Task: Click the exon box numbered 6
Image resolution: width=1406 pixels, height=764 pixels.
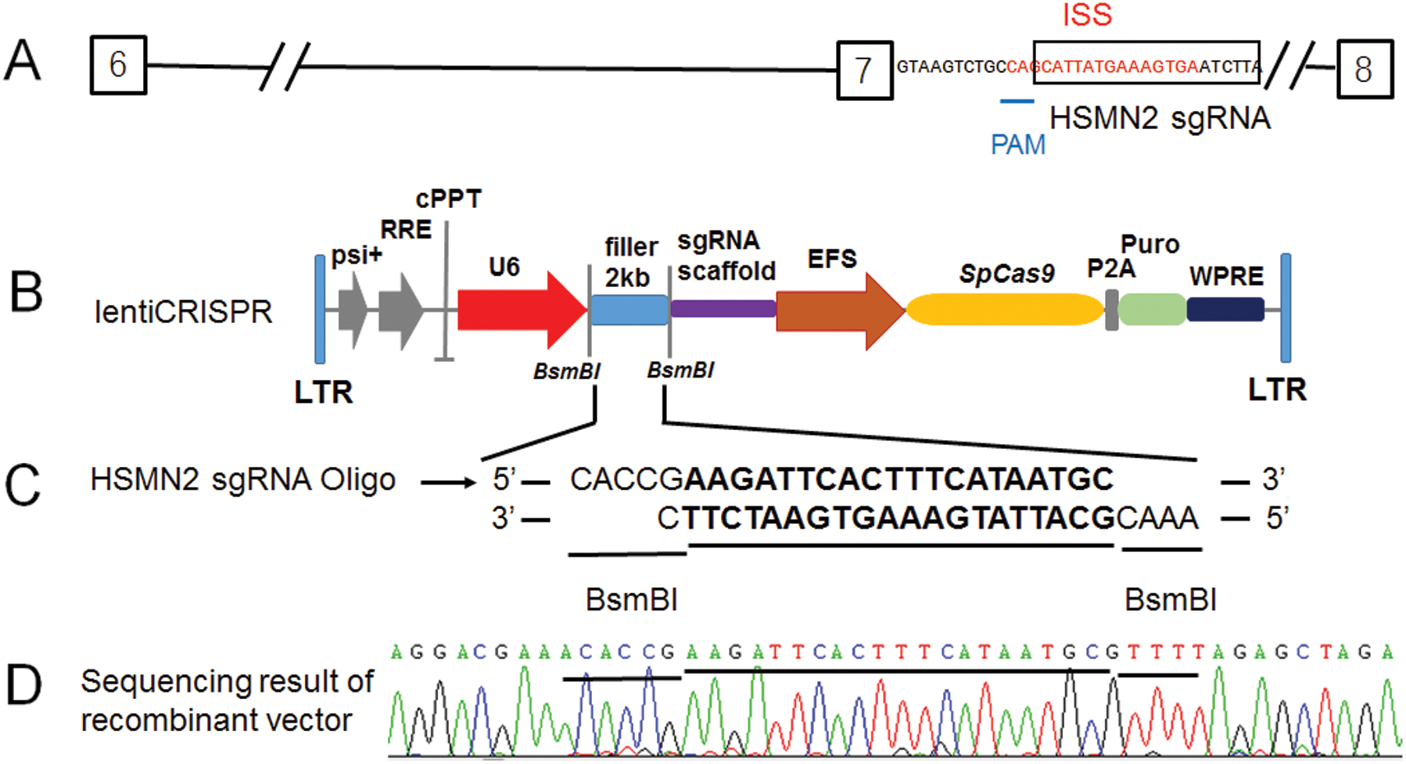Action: point(118,65)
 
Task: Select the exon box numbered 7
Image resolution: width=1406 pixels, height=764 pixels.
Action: point(864,70)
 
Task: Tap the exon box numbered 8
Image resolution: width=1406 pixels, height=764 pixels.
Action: point(1364,69)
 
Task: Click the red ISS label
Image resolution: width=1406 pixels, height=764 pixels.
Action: point(1086,15)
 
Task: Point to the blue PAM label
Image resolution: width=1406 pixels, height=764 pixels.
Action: point(1017,145)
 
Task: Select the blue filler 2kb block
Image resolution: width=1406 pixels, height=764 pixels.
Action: point(629,310)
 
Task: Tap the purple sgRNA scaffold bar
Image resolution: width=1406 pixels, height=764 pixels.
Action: point(723,309)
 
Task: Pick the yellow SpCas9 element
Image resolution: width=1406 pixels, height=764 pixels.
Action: point(1004,310)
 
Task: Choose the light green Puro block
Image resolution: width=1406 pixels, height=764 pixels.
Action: point(1151,310)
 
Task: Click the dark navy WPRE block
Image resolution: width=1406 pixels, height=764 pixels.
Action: point(1225,310)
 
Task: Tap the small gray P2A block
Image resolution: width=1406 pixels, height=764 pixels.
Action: point(1111,310)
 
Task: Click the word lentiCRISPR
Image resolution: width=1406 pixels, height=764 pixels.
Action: point(183,312)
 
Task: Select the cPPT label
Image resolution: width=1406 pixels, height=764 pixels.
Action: point(448,199)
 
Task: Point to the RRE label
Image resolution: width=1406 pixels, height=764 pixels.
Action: point(406,230)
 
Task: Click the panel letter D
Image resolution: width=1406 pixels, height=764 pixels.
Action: point(23,686)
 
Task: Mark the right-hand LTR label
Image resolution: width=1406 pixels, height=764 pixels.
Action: point(1276,389)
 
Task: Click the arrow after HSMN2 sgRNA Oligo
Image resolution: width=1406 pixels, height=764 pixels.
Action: point(448,482)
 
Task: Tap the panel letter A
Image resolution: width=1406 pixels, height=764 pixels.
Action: point(22,61)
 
